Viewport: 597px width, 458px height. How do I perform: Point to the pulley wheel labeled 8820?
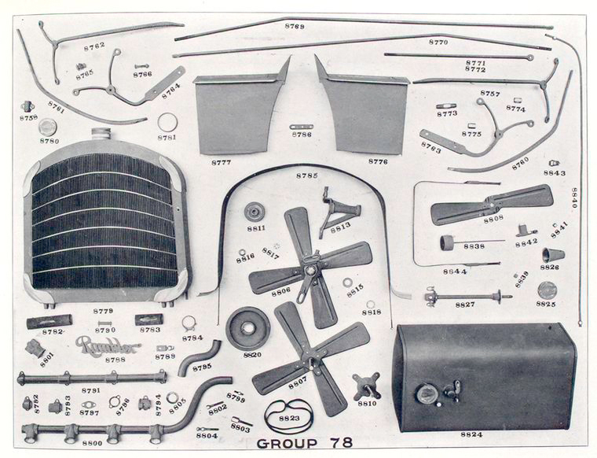click(x=247, y=327)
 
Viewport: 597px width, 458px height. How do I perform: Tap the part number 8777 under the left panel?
click(x=222, y=161)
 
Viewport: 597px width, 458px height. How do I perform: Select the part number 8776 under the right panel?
click(x=378, y=161)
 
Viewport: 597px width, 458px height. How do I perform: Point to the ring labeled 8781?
click(x=167, y=122)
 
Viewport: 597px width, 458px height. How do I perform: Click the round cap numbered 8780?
click(x=49, y=127)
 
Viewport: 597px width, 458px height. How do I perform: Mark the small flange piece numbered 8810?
click(x=365, y=386)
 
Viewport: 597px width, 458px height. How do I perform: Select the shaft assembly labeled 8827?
click(x=463, y=298)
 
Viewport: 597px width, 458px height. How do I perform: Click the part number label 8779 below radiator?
click(x=103, y=311)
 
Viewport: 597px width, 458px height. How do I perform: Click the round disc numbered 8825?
click(x=547, y=289)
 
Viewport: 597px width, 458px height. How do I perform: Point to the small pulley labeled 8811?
click(x=255, y=212)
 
